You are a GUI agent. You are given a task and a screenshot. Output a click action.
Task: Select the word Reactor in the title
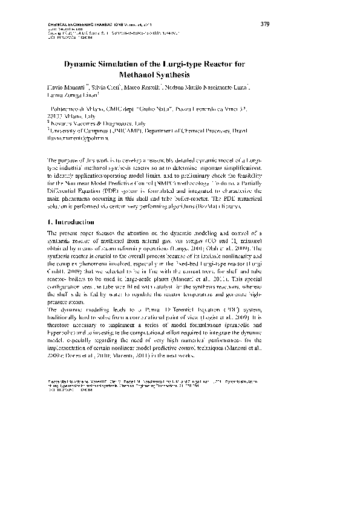(x=213, y=65)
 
